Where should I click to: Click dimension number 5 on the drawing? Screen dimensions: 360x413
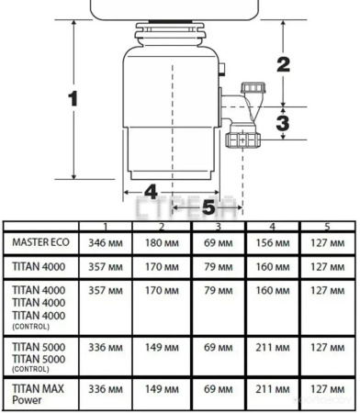209,207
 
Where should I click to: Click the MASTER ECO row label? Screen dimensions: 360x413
39,242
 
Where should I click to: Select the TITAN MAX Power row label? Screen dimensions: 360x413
37,393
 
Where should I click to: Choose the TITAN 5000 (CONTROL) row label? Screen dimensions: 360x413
38,352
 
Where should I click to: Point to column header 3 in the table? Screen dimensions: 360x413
218,226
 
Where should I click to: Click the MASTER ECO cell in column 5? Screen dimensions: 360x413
325,243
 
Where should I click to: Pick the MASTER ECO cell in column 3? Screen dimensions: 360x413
218,243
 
